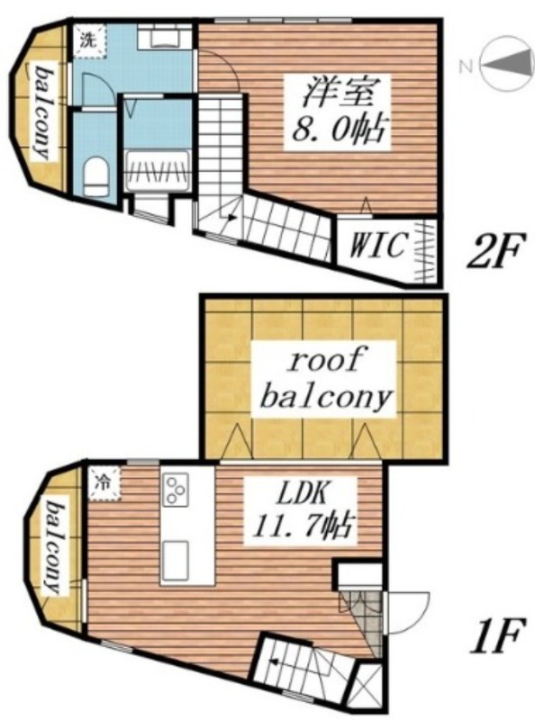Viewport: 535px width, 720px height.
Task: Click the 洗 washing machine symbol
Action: (88, 40)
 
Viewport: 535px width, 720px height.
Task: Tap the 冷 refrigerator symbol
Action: (104, 483)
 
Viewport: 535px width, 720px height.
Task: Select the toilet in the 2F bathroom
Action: (96, 176)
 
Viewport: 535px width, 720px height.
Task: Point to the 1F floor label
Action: (496, 637)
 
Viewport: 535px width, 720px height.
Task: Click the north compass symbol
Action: (505, 64)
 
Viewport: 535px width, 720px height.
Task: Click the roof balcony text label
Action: (325, 379)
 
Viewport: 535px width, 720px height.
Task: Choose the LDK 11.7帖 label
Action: (301, 509)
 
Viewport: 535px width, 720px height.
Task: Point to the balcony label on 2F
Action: (42, 112)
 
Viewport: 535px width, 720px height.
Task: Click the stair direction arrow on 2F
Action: (231, 218)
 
